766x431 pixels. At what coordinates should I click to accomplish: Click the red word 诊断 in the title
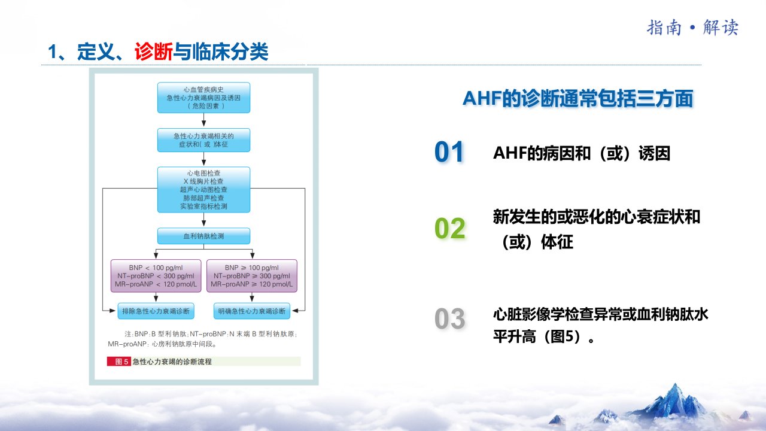point(154,52)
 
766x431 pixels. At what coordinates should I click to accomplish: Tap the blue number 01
point(449,151)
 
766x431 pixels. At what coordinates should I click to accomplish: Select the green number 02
point(449,228)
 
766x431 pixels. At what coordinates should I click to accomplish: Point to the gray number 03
point(449,319)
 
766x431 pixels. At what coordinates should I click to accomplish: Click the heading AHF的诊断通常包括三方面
point(577,99)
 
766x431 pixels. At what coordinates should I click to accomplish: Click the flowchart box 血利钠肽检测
point(204,236)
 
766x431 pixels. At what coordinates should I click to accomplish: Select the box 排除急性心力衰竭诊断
point(156,311)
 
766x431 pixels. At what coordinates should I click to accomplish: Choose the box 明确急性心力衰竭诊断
point(252,311)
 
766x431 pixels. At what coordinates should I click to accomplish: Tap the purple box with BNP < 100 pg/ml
point(156,276)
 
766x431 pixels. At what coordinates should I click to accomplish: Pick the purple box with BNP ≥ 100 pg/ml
point(252,276)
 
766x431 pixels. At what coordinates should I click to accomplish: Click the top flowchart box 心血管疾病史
point(204,98)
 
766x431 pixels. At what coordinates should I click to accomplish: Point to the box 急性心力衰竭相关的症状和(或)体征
point(204,140)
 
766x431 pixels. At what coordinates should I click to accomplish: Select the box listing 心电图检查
point(204,190)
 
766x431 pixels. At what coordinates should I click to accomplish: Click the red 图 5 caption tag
point(118,362)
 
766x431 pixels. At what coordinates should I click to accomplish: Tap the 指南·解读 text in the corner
point(692,28)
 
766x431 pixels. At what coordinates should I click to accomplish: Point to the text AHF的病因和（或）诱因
point(582,153)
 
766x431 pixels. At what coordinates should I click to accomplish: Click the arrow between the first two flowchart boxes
point(204,120)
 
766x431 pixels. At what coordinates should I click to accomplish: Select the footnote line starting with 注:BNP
point(211,334)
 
